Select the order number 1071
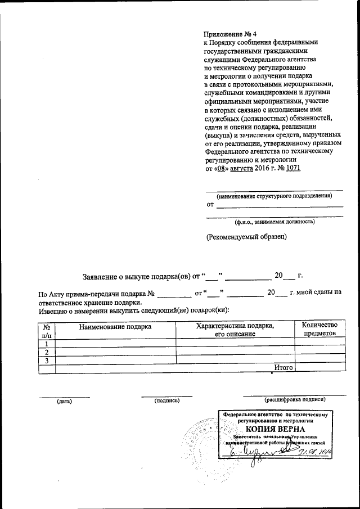coord(294,168)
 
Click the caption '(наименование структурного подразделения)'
coord(275,196)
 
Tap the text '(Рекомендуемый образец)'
coord(246,237)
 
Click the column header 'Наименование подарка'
coord(115,326)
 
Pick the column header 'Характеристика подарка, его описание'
coord(235,330)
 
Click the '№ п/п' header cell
coord(47,330)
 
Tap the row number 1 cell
coord(47,343)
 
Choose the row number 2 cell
coord(47,352)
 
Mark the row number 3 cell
coord(47,360)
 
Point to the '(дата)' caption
coord(64,401)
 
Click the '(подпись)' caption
coord(166,400)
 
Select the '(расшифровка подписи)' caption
coord(295,400)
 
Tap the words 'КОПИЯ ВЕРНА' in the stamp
coord(275,429)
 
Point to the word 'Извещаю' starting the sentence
coord(53,310)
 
